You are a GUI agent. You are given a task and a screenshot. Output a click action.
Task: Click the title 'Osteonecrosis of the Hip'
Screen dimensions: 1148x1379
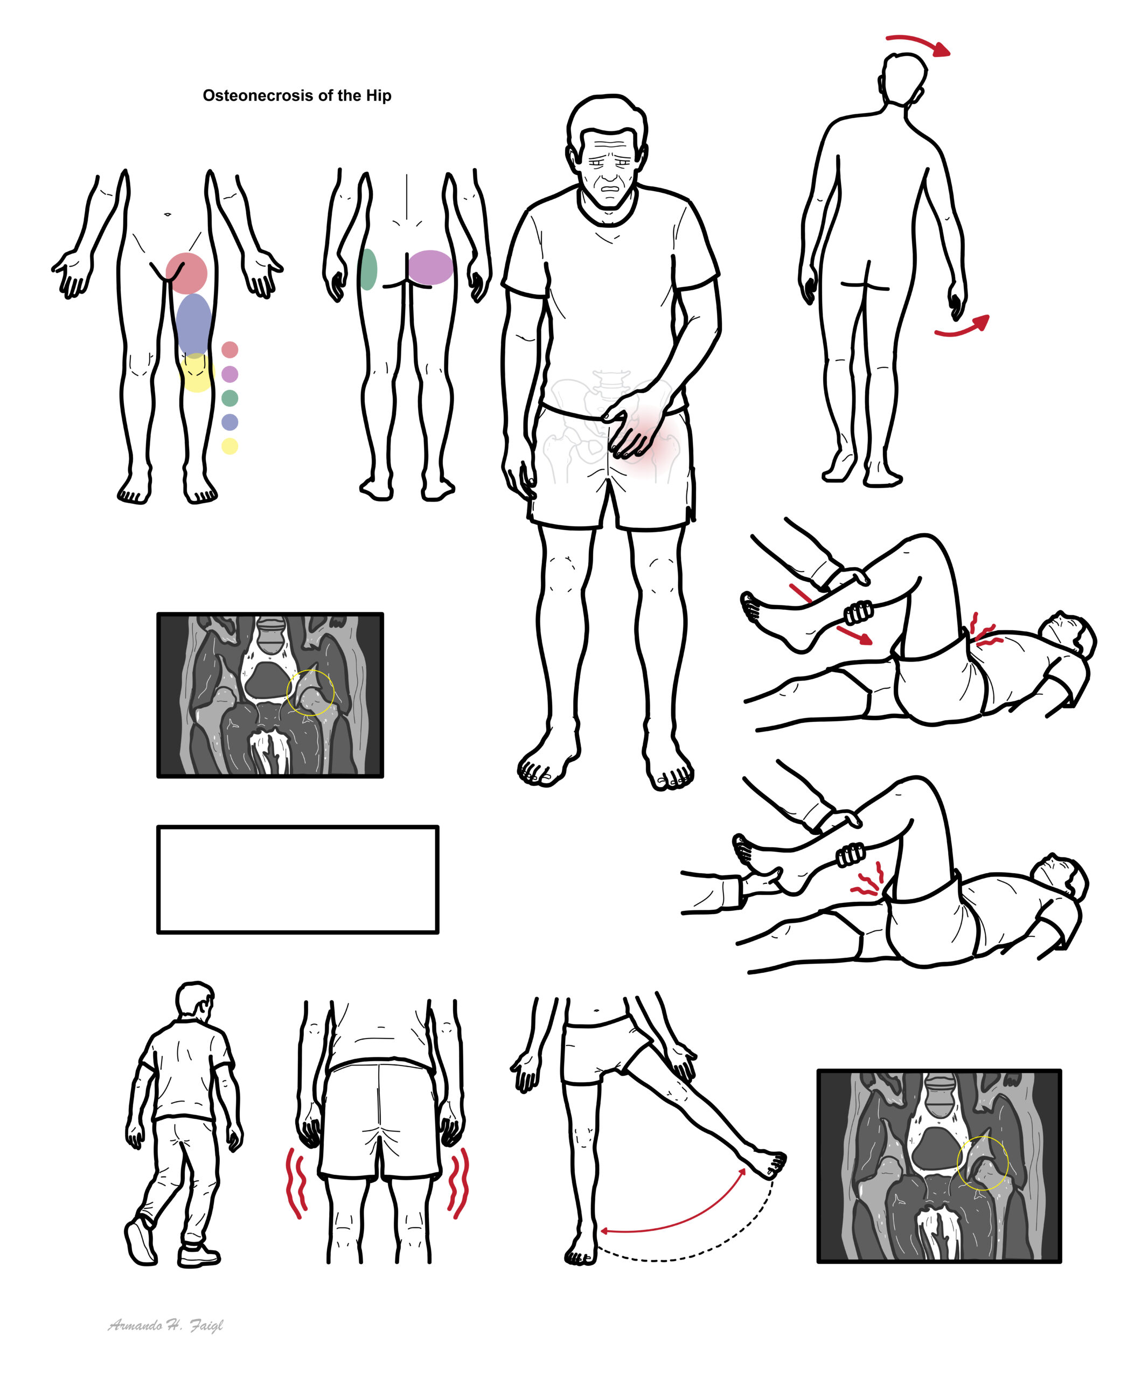point(297,96)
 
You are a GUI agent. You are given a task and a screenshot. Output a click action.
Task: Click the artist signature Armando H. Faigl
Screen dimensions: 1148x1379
point(165,1325)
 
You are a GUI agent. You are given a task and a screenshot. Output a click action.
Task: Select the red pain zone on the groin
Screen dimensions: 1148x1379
point(186,273)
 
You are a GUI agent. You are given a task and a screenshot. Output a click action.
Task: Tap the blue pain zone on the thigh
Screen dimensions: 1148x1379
point(194,324)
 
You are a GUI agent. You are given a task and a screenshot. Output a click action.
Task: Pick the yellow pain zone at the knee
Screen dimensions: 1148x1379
point(197,372)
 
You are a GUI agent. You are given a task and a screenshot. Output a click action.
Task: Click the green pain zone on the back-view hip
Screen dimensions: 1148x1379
point(368,269)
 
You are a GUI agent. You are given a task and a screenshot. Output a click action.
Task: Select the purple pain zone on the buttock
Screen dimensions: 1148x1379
point(430,267)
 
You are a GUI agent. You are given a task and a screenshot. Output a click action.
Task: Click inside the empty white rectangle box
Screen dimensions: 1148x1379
point(297,879)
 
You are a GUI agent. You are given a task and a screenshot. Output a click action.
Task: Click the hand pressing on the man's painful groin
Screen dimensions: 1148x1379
point(630,422)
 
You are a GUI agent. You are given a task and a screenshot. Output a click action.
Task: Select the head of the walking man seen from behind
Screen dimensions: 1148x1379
point(194,1001)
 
